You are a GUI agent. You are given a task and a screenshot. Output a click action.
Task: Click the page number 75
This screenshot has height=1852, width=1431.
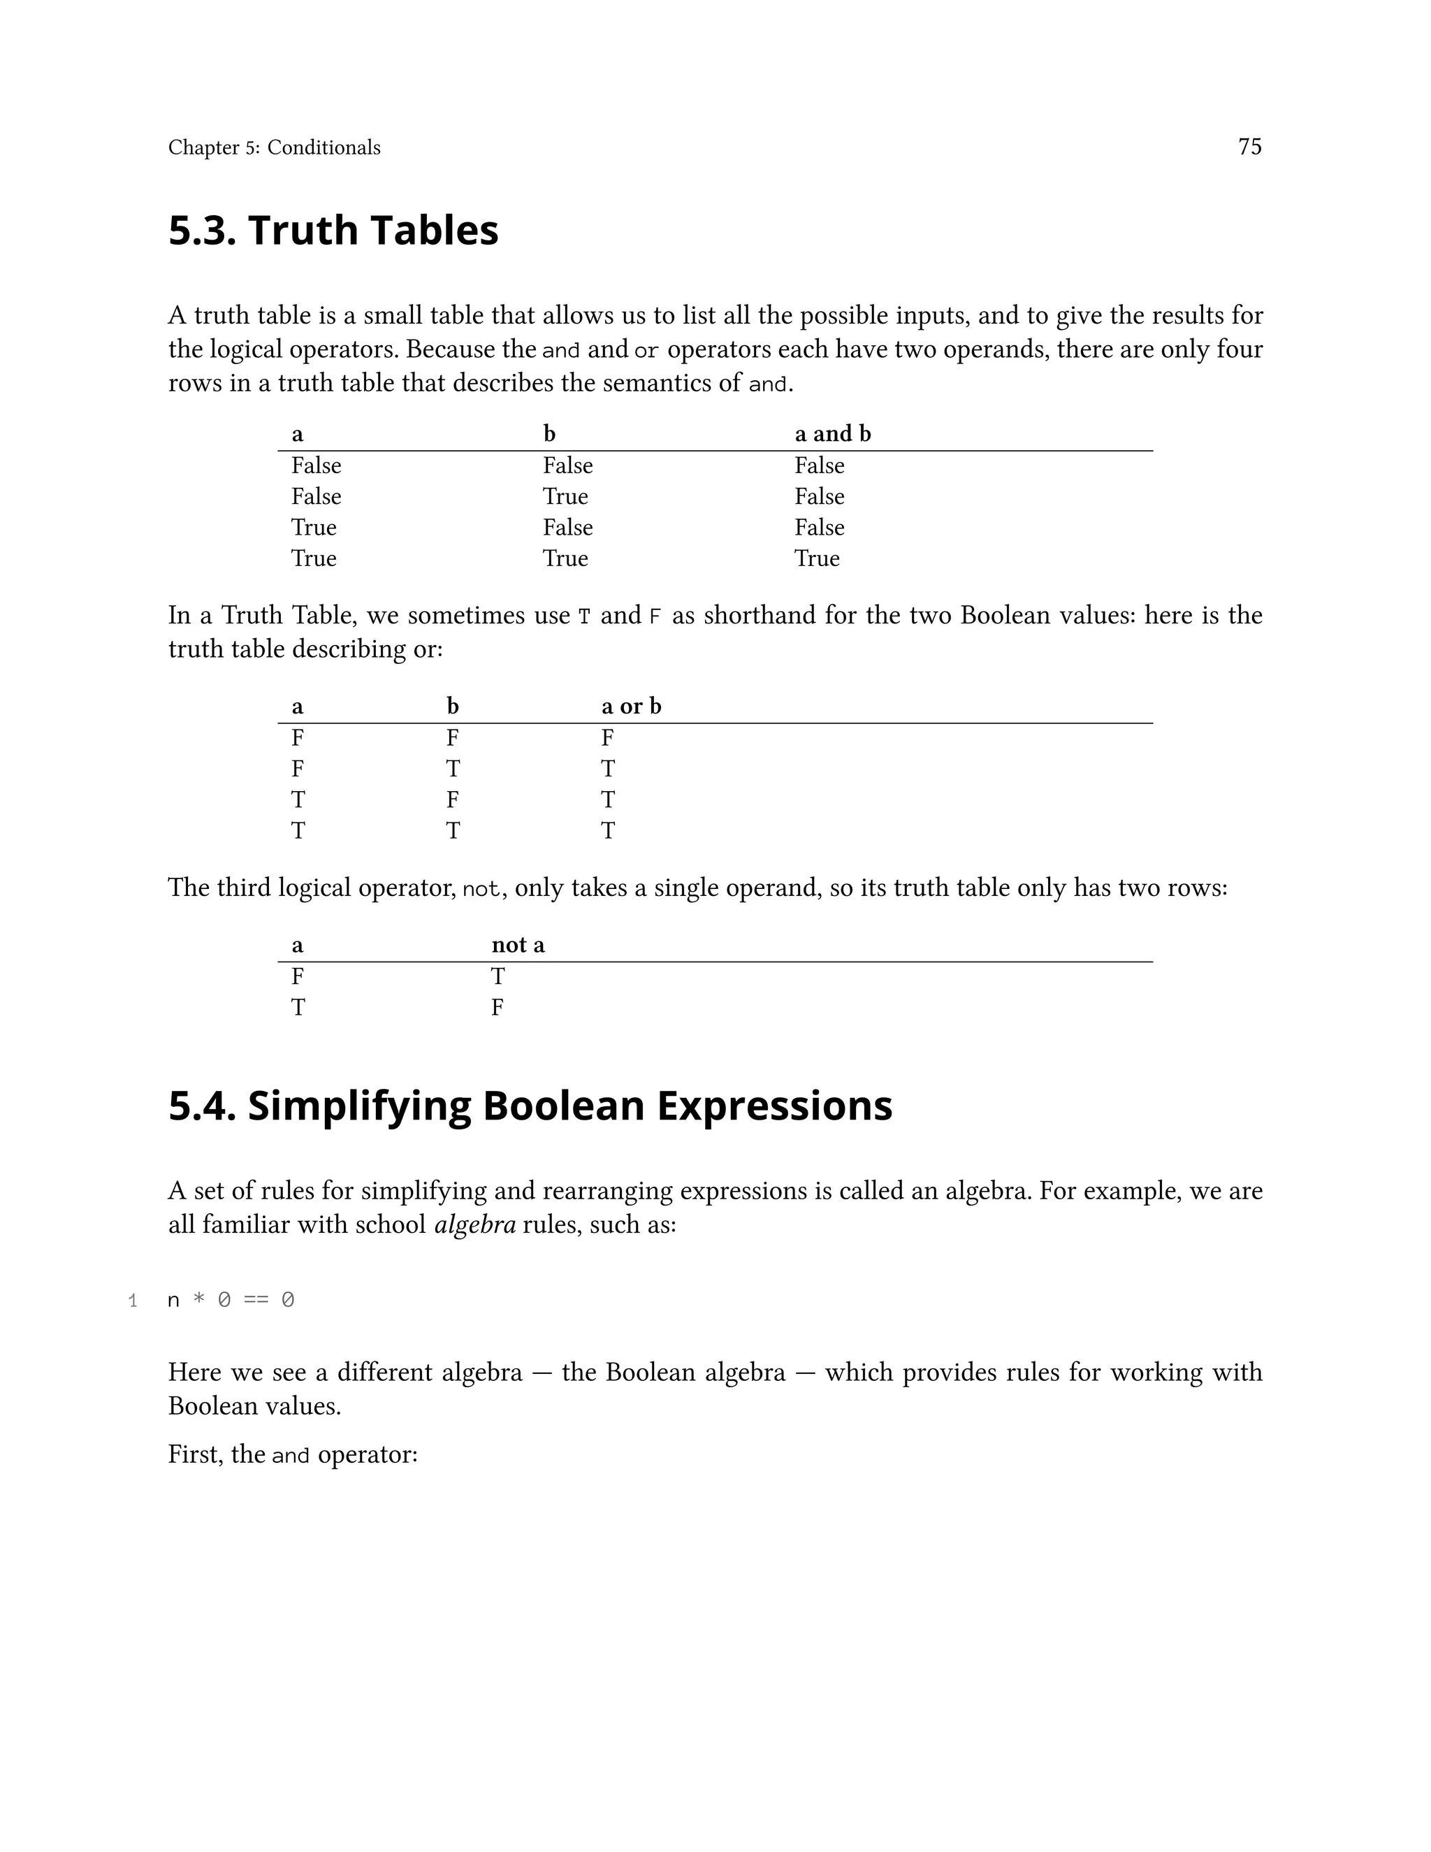click(1249, 147)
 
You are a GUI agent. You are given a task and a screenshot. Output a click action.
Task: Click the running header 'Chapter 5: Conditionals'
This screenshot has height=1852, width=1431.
click(274, 147)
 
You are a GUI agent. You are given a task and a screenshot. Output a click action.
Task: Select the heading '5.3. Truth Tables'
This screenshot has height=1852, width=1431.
click(333, 231)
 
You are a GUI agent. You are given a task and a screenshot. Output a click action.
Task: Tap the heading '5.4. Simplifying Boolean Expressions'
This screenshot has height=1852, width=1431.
click(530, 1106)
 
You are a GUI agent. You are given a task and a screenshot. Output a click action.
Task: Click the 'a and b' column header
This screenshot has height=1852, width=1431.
click(831, 434)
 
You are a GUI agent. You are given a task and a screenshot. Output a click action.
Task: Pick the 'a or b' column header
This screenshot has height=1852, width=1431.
click(631, 707)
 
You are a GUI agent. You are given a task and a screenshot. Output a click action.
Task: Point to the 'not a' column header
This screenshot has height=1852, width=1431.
click(517, 945)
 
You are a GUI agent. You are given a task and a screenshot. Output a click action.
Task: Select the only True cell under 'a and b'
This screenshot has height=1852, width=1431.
click(816, 558)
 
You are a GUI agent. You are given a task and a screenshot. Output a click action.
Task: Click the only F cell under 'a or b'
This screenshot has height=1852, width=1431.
click(607, 738)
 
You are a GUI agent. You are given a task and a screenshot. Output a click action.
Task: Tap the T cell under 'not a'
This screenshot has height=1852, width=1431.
click(497, 976)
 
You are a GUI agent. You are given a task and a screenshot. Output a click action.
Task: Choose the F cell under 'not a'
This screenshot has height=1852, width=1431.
click(497, 1007)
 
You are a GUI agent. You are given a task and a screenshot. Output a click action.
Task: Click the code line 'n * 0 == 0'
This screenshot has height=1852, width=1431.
click(231, 1300)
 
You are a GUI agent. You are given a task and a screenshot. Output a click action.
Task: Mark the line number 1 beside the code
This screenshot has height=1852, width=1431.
click(132, 1300)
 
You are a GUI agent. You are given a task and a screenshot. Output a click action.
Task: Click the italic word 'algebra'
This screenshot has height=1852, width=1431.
click(474, 1224)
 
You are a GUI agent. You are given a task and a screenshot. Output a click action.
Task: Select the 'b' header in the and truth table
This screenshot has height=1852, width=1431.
click(549, 434)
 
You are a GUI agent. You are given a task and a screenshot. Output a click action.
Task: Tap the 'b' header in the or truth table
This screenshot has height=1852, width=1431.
click(453, 707)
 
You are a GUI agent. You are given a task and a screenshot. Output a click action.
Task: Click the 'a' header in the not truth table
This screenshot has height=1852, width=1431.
click(297, 945)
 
